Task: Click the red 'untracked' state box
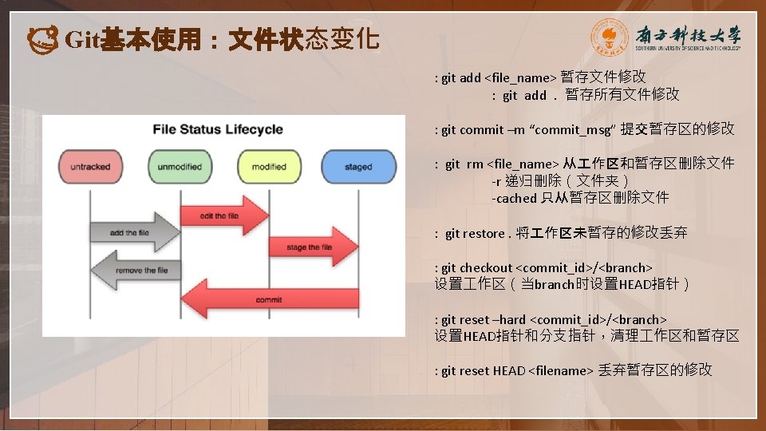pos(90,167)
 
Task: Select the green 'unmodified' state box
pos(180,167)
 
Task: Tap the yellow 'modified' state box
pos(269,167)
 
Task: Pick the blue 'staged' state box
pos(358,167)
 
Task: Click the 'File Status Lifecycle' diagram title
pos(218,129)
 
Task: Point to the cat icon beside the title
pos(42,38)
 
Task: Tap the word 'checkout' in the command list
pos(487,267)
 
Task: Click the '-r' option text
pos(496,181)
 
